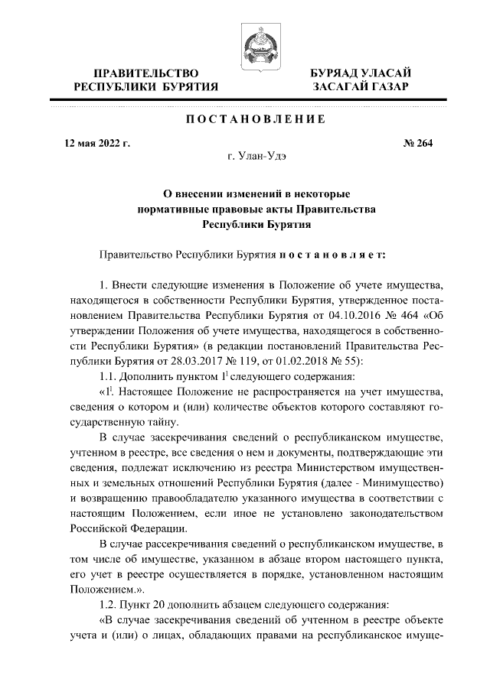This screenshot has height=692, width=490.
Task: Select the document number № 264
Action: coord(418,143)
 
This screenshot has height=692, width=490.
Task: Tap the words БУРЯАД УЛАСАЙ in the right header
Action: coord(363,73)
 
